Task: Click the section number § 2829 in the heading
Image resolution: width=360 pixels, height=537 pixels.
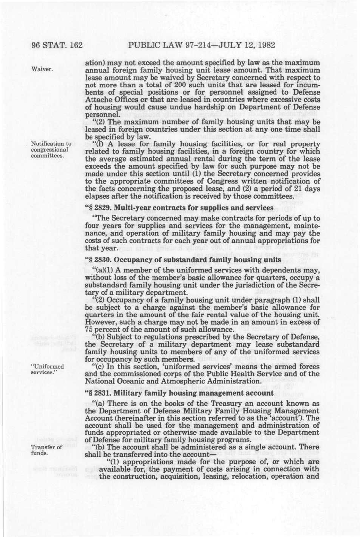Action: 101,208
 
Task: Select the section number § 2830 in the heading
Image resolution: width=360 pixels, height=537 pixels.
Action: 101,260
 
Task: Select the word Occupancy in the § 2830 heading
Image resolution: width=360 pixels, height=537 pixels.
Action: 133,260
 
